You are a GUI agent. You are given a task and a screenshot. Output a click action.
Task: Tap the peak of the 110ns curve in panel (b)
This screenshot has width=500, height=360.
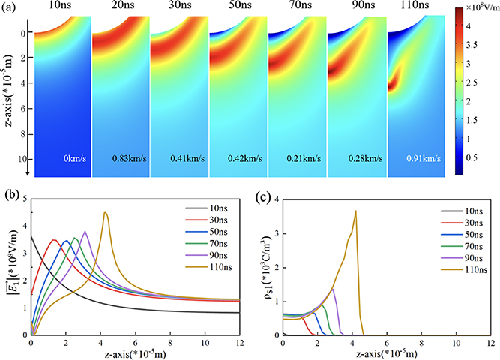(x=106, y=212)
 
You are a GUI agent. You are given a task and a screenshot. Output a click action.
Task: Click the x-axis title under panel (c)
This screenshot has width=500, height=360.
(x=386, y=354)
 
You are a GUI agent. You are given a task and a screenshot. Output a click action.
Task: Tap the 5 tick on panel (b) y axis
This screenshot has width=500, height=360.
(x=24, y=198)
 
